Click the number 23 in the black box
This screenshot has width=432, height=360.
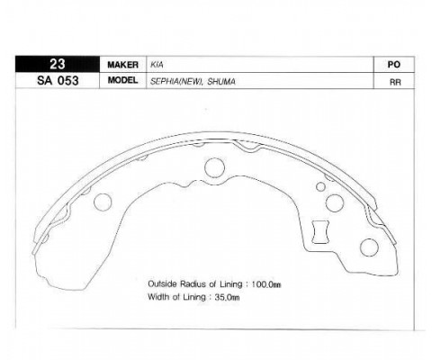coord(57,64)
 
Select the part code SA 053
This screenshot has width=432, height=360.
coord(58,81)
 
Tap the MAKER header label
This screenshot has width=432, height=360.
coord(122,65)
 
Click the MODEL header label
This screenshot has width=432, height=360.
coord(122,80)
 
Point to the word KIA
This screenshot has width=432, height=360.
coord(157,65)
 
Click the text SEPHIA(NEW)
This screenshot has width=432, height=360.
coord(175,81)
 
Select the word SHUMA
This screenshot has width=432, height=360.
coord(221,81)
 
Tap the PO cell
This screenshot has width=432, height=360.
coord(394,65)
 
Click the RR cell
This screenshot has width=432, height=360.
coord(395,82)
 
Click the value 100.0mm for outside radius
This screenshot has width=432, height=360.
coord(266,284)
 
